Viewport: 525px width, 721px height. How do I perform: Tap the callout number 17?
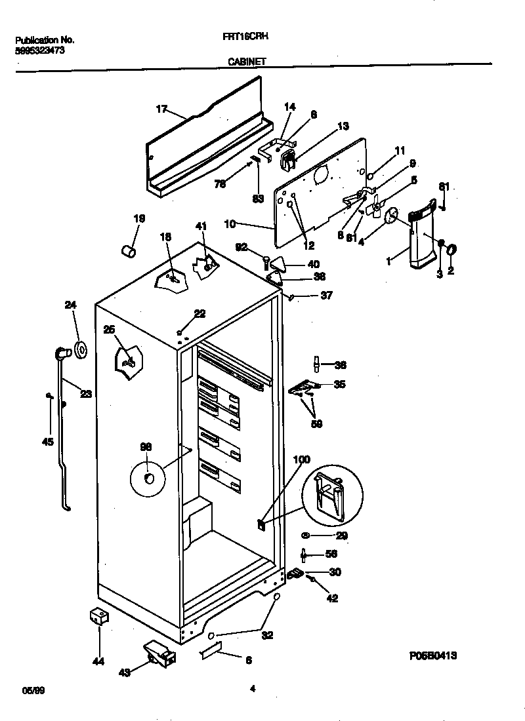click(162, 109)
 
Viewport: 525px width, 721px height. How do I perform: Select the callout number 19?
click(139, 219)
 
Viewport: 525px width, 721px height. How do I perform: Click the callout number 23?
click(86, 394)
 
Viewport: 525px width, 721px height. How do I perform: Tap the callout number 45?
click(47, 441)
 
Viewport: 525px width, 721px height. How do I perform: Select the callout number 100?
click(301, 459)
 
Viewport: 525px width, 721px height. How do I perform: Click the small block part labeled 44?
click(98, 617)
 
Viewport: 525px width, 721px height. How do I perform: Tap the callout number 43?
click(125, 671)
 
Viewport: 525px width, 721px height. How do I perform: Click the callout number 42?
click(333, 598)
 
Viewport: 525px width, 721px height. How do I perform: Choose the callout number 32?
click(268, 635)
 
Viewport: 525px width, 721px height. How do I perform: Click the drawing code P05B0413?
click(434, 655)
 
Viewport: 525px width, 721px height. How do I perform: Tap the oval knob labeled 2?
click(453, 249)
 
